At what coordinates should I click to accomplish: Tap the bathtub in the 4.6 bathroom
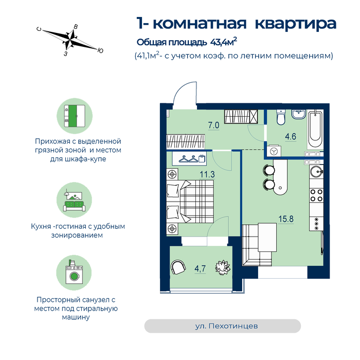(x=315, y=130)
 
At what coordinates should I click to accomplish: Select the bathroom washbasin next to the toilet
(x=299, y=114)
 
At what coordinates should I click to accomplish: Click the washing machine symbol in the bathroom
(x=274, y=151)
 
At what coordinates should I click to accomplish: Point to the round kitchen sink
(x=316, y=171)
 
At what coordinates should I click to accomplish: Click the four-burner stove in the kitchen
(x=316, y=195)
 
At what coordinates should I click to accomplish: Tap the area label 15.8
(x=286, y=219)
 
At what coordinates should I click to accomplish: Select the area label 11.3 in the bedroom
(x=207, y=174)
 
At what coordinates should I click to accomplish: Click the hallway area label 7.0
(x=213, y=125)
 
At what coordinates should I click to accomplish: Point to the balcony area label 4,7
(x=200, y=268)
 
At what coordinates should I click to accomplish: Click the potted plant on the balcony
(x=223, y=268)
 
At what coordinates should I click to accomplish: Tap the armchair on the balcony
(x=178, y=267)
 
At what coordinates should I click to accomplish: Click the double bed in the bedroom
(x=190, y=202)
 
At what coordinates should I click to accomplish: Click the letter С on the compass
(x=39, y=29)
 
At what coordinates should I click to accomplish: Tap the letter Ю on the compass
(x=100, y=50)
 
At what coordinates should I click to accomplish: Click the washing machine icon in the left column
(x=74, y=273)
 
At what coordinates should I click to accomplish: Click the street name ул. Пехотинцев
(x=226, y=326)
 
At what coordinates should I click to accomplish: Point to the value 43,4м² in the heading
(x=223, y=42)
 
